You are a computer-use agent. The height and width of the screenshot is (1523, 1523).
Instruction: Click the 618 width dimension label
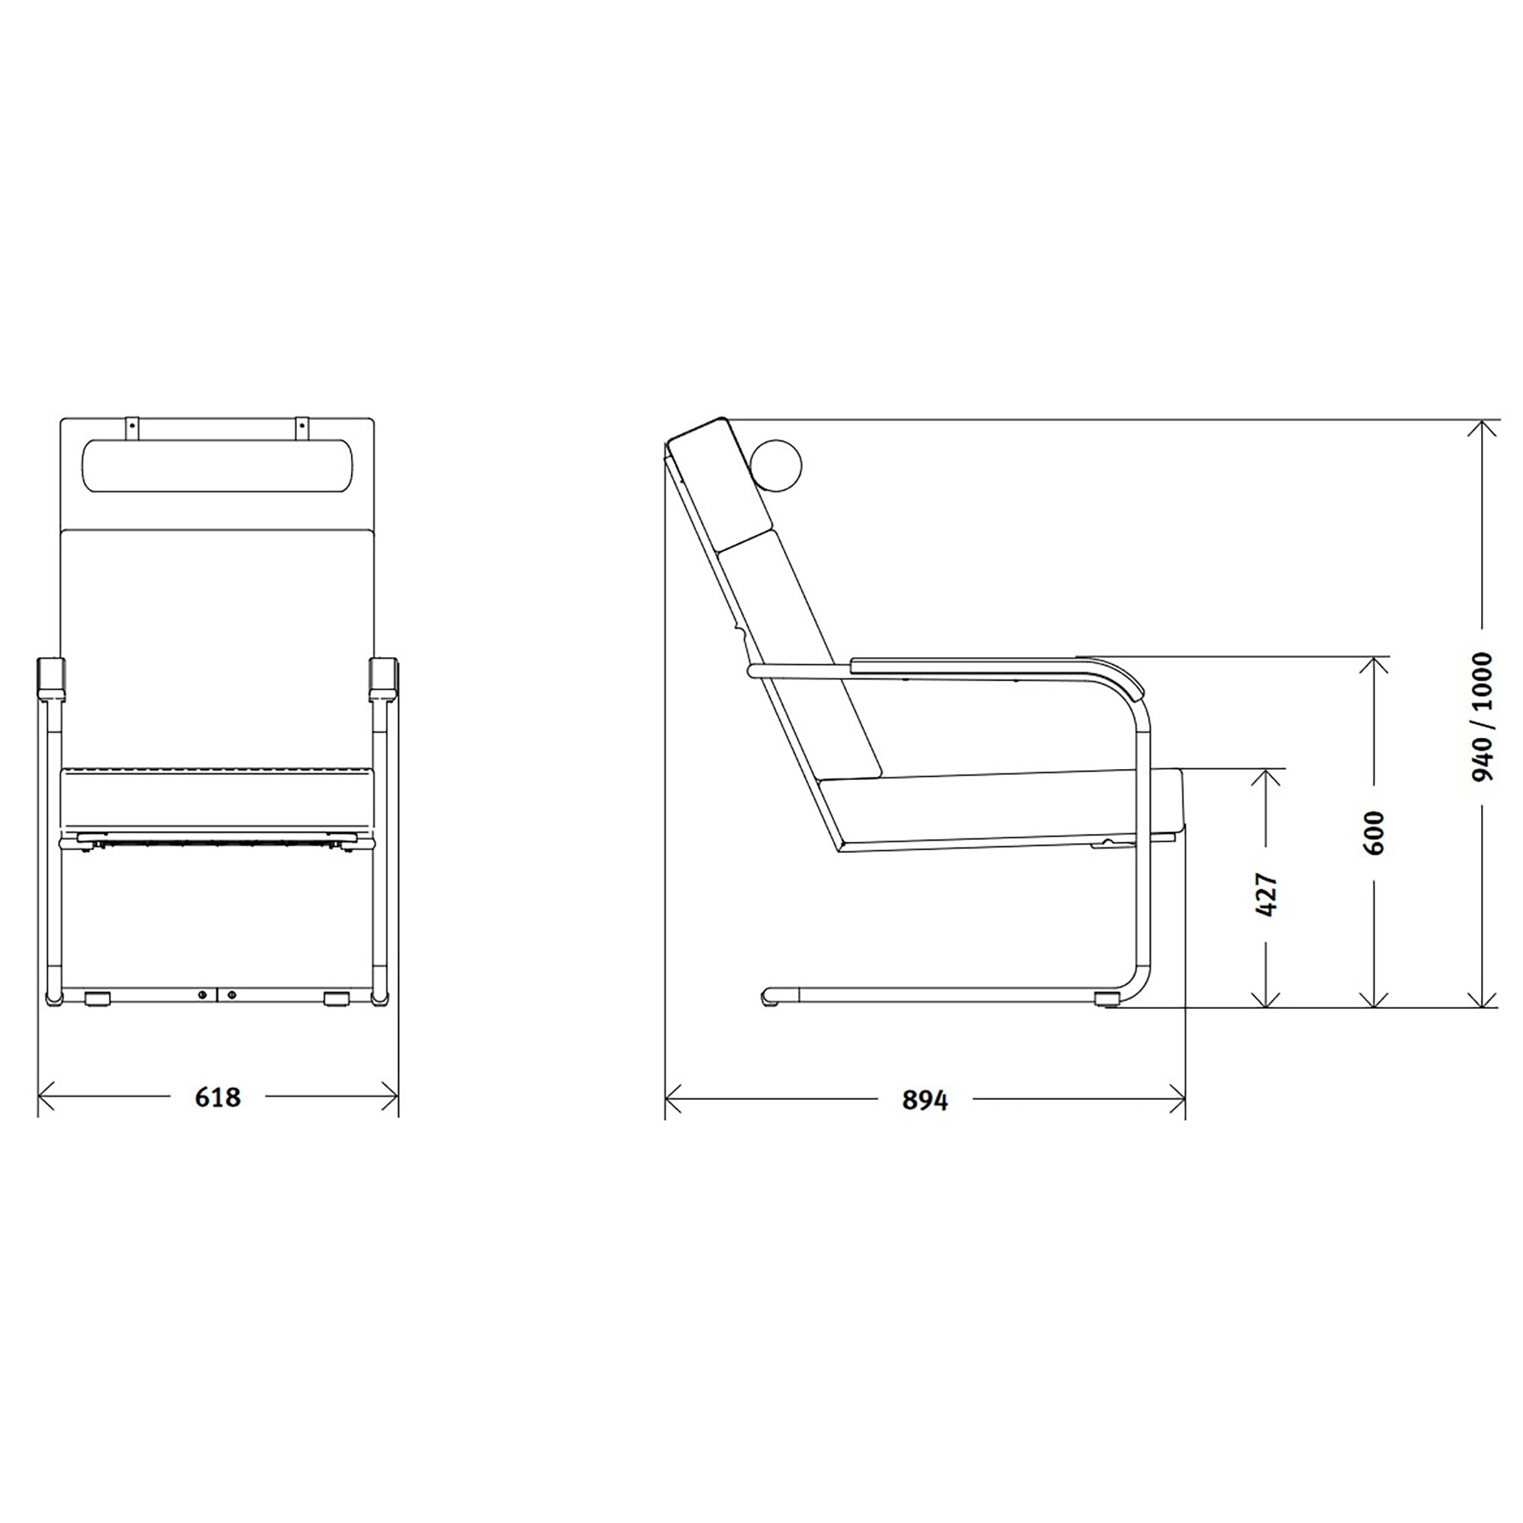[218, 1097]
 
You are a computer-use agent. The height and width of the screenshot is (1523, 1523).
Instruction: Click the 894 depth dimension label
[924, 1100]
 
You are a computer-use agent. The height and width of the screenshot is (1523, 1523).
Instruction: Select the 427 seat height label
[1265, 894]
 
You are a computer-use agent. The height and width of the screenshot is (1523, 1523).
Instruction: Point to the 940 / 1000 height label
[1482, 717]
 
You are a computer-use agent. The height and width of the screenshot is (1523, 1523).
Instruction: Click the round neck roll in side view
[775, 465]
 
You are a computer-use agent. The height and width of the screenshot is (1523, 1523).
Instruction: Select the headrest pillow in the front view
[218, 466]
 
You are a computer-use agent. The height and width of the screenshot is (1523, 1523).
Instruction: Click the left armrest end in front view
[50, 679]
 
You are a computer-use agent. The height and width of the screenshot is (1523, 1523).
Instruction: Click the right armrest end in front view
[385, 679]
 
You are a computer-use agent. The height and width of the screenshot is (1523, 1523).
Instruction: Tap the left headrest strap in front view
[133, 427]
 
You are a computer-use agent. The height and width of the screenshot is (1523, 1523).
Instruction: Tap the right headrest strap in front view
[300, 427]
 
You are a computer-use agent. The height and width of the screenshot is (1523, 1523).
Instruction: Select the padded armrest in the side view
[993, 667]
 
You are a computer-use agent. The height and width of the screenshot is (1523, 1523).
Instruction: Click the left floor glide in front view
[97, 999]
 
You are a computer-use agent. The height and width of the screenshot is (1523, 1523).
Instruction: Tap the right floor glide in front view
[337, 999]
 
